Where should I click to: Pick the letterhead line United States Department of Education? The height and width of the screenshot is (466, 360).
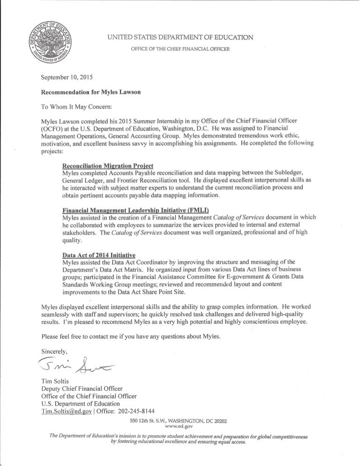pyautogui.click(x=180, y=37)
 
